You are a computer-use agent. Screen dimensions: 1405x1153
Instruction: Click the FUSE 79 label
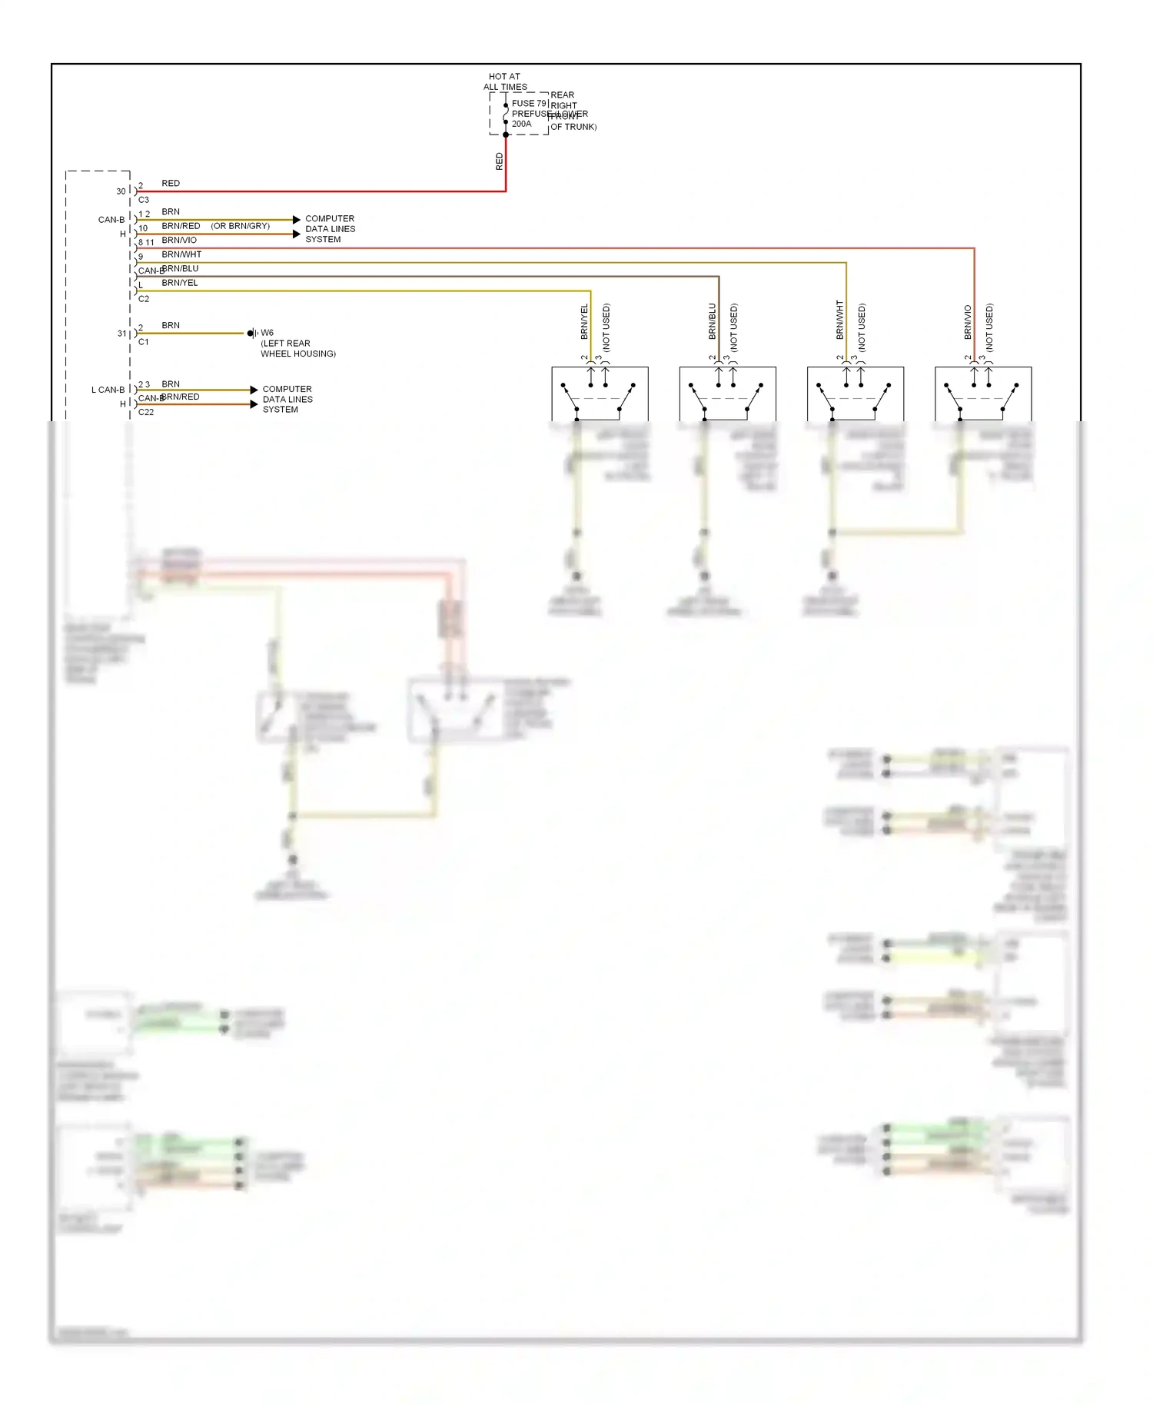point(529,103)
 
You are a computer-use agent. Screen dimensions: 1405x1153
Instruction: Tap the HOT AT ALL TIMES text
point(504,81)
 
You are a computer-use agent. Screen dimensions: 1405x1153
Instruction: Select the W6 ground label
point(267,333)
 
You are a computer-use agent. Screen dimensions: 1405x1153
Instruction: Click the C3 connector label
point(144,200)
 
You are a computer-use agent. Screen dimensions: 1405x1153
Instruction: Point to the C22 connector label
point(146,412)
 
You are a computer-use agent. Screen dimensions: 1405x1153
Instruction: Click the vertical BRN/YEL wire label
point(584,321)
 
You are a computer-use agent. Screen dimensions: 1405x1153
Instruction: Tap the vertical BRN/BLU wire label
point(712,321)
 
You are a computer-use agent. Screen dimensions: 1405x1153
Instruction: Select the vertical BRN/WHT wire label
point(839,320)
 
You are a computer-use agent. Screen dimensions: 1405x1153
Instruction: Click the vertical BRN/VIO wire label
point(968,322)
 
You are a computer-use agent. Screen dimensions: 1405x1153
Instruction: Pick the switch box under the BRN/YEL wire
point(600,394)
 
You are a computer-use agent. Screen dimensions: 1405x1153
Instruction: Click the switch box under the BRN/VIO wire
point(982,394)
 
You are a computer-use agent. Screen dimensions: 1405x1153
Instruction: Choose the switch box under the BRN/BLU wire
point(727,394)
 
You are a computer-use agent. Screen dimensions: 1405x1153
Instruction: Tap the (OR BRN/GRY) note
point(240,226)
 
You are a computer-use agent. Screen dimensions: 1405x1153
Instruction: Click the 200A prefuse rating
point(521,124)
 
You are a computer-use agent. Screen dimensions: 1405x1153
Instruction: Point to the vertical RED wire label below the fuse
point(499,161)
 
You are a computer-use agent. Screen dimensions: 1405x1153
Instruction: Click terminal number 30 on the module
point(121,191)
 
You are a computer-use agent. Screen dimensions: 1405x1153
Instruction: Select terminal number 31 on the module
point(121,334)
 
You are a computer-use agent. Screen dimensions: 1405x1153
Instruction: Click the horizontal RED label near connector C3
point(171,184)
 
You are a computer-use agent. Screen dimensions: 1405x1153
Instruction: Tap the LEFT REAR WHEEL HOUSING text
point(297,349)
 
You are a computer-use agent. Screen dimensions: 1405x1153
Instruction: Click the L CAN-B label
point(108,390)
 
